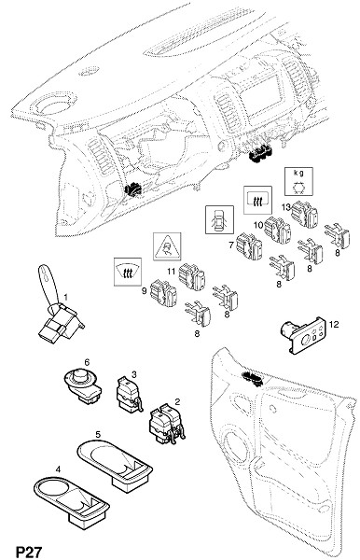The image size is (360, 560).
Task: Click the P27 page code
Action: click(x=29, y=551)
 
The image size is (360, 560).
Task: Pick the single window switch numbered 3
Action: click(x=129, y=394)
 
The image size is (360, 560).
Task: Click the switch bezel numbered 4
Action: click(x=72, y=501)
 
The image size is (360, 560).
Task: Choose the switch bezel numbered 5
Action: click(x=115, y=464)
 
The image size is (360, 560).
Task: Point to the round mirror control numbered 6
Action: click(x=83, y=386)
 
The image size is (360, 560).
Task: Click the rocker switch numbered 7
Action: click(x=249, y=245)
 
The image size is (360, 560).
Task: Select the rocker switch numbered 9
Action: click(x=164, y=293)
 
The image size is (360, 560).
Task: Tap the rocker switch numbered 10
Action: click(x=278, y=230)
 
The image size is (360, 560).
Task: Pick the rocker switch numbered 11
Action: click(x=192, y=276)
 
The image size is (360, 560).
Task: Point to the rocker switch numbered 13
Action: click(x=304, y=214)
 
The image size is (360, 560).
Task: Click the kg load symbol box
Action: click(x=298, y=181)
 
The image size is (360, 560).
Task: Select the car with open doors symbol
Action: click(x=219, y=219)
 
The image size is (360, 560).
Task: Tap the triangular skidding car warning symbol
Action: click(x=167, y=246)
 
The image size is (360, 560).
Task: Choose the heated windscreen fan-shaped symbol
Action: click(x=128, y=272)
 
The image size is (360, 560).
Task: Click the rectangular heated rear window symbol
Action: click(x=257, y=200)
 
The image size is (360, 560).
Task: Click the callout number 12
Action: click(x=334, y=324)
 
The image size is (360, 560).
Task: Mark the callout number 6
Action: click(x=87, y=362)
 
